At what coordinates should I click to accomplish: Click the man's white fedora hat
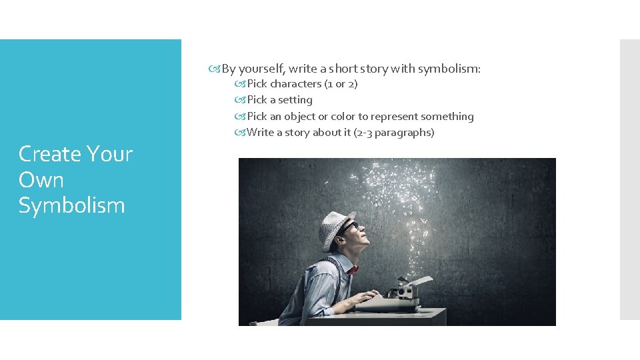pyautogui.click(x=335, y=227)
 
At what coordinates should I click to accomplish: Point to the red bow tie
pyautogui.click(x=352, y=268)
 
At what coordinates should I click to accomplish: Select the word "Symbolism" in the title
pyautogui.click(x=71, y=205)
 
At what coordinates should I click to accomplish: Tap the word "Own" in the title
pyautogui.click(x=41, y=179)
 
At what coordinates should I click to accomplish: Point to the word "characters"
pyautogui.click(x=295, y=84)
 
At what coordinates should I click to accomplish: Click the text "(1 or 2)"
pyautogui.click(x=341, y=84)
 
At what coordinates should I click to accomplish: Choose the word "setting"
pyautogui.click(x=295, y=100)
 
